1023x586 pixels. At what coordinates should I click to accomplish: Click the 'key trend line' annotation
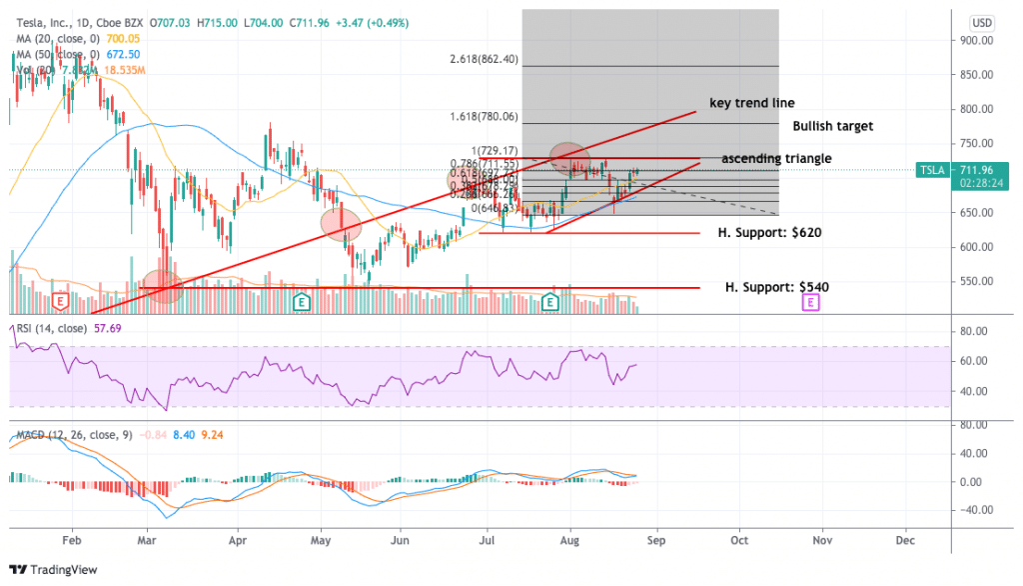point(751,103)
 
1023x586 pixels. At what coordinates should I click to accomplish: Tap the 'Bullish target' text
point(832,126)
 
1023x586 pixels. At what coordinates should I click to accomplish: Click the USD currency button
point(982,23)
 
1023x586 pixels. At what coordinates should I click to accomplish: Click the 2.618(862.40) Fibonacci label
point(484,59)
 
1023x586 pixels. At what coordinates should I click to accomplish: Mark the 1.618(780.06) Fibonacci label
point(484,116)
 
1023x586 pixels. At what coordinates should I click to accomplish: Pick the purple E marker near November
point(811,300)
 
